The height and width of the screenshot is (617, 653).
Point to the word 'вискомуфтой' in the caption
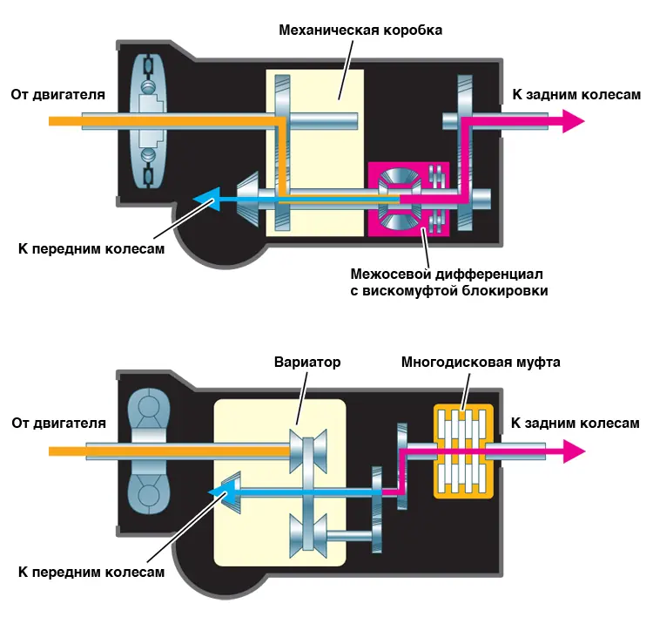tap(407, 290)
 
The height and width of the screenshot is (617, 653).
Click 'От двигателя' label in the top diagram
tap(58, 94)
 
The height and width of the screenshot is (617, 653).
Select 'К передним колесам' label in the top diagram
tap(91, 247)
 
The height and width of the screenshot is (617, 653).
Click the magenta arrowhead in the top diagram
tap(571, 121)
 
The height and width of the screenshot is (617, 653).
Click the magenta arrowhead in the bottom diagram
tap(572, 451)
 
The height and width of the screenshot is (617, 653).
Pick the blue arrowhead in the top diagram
tap(205, 200)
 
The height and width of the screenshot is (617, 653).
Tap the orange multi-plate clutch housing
tap(463, 451)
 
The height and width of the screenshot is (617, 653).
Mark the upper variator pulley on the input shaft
tap(306, 451)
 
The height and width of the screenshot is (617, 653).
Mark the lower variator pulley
tap(306, 532)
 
